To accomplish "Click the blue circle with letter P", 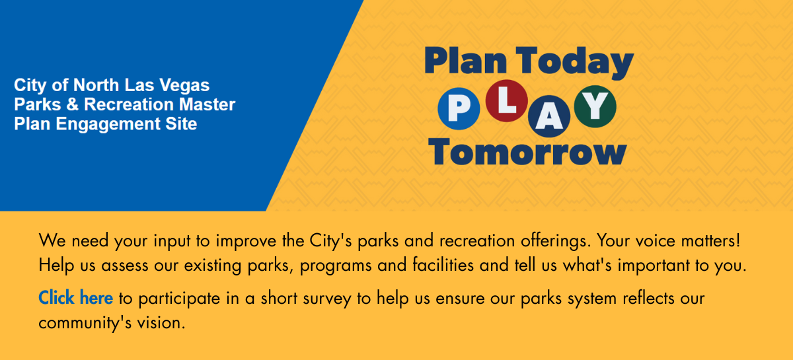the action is pyautogui.click(x=459, y=108).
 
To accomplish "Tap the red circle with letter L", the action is pyautogui.click(x=507, y=101).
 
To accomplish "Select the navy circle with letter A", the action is pyautogui.click(x=549, y=116).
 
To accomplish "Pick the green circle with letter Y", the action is pyautogui.click(x=595, y=106).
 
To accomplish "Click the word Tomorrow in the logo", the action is pyautogui.click(x=527, y=152).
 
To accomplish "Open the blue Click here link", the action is pyautogui.click(x=76, y=298).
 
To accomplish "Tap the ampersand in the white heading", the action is pyautogui.click(x=72, y=104).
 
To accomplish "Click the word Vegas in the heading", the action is pyautogui.click(x=184, y=86).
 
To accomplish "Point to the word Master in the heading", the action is pyautogui.click(x=207, y=104).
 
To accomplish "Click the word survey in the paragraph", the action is pyautogui.click(x=326, y=299).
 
